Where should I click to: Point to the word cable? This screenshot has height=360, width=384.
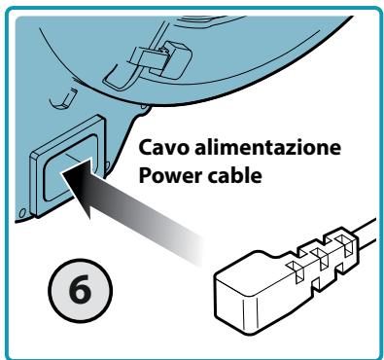(233, 175)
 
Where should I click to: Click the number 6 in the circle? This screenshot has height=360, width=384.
(81, 288)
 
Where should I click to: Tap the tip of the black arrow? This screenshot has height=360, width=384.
(61, 172)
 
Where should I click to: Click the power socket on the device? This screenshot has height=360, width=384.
(68, 166)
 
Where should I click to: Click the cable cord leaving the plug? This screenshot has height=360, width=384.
(366, 234)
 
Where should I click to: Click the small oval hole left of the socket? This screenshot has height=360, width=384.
(22, 213)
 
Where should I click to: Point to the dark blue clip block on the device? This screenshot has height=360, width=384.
(174, 58)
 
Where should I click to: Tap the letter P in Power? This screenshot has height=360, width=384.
(145, 175)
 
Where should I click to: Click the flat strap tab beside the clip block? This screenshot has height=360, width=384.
(147, 59)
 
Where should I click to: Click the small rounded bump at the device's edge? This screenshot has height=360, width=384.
(145, 109)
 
